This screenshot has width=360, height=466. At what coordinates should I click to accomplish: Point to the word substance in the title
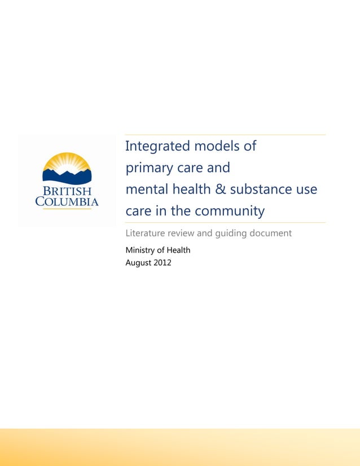(x=260, y=190)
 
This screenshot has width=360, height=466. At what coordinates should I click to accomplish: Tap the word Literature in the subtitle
(x=144, y=233)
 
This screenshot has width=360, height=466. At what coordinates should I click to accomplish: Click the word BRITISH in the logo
(x=67, y=191)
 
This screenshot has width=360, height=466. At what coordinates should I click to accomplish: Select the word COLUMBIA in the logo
(x=67, y=201)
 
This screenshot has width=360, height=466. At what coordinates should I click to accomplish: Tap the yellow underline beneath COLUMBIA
(x=67, y=209)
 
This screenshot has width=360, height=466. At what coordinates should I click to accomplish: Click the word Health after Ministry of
(x=178, y=250)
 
